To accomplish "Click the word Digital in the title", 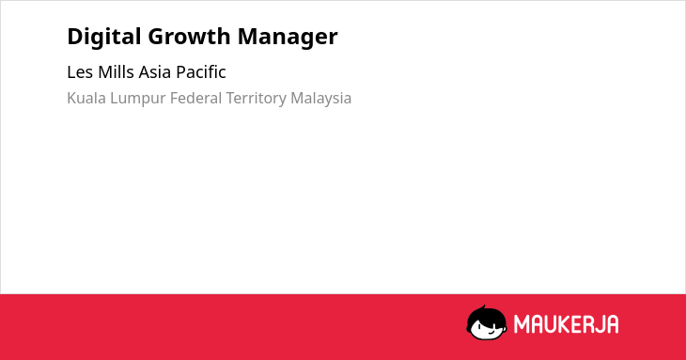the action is (x=104, y=37).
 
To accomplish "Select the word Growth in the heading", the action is (x=189, y=36).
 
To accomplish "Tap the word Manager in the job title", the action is (x=288, y=38).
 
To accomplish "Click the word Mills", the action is (x=116, y=71).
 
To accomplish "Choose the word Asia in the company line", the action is (x=155, y=71).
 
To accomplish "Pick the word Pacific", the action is (x=201, y=71).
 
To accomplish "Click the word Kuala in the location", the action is (x=86, y=98).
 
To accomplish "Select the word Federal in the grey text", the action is (x=195, y=98).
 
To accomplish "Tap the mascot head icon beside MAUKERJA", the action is (x=487, y=322).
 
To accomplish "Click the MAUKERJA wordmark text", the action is (x=566, y=324).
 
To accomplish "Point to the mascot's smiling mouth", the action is (x=491, y=332).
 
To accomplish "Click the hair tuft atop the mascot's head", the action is (x=483, y=307).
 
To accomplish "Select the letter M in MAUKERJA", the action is (x=522, y=324).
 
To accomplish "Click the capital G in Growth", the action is (x=157, y=36).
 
